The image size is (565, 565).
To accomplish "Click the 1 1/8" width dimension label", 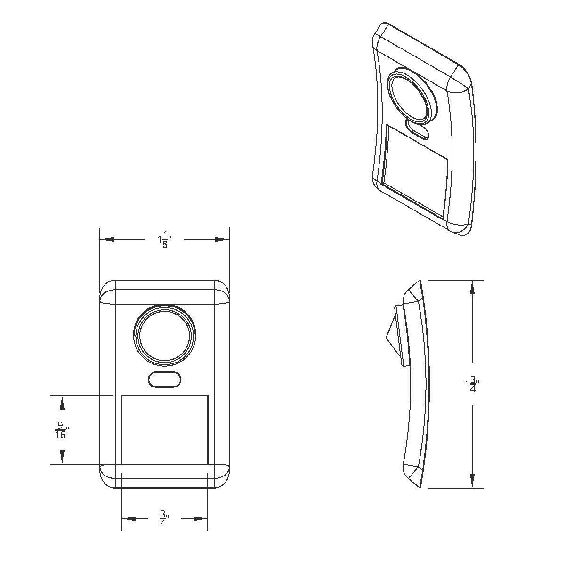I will tap(164, 241).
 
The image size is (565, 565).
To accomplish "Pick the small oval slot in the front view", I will tap(164, 380).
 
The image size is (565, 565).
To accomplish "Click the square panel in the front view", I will tap(164, 429).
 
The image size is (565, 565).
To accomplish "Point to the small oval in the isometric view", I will tap(418, 129).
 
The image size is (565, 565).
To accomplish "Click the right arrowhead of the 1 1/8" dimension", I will tap(222, 239).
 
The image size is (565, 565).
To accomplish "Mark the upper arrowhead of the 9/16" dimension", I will tap(62, 403).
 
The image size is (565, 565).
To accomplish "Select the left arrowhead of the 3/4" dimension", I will tap(129, 519).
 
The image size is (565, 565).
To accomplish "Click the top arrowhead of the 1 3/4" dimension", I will tap(472, 288).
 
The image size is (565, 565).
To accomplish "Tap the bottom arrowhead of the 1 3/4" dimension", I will tap(472, 480).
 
